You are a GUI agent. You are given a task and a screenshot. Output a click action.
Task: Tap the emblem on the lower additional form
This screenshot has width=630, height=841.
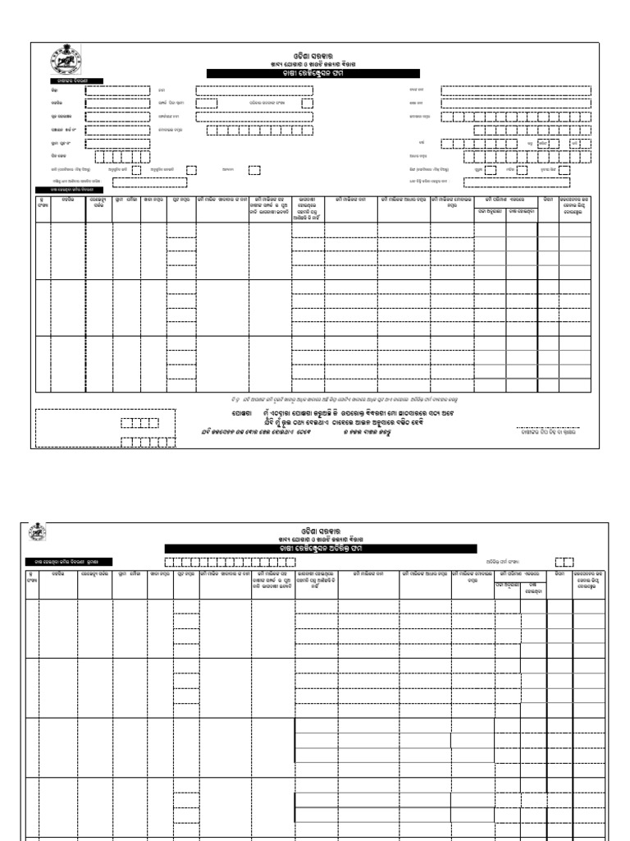click(39, 532)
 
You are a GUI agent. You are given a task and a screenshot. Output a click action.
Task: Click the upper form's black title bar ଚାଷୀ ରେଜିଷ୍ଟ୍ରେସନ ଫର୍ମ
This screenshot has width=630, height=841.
click(313, 73)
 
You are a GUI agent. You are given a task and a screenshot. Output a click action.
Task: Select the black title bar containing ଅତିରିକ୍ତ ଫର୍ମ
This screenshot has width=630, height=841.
click(320, 548)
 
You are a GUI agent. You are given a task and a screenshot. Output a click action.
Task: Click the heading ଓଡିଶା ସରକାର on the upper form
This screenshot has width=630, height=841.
click(313, 54)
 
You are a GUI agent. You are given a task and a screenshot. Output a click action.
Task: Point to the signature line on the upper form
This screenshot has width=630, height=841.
click(547, 428)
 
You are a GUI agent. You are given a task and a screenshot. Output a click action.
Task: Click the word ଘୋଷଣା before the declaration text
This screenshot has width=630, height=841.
click(240, 412)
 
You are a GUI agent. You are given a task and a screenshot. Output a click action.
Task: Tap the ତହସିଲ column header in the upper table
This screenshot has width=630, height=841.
click(68, 199)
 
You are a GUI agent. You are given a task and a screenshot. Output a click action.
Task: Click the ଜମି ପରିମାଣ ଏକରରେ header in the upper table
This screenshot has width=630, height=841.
click(504, 199)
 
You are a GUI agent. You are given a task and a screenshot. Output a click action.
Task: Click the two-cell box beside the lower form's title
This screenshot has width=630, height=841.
click(564, 562)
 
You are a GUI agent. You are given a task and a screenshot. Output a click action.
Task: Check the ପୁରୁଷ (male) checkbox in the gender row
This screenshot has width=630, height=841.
click(491, 170)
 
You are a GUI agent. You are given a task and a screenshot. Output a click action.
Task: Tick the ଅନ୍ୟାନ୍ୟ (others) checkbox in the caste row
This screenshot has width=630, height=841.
click(254, 170)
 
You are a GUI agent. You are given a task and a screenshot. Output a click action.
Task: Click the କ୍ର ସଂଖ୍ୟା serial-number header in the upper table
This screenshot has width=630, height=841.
click(41, 202)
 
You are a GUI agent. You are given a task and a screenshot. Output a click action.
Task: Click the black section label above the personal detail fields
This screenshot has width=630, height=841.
click(67, 80)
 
